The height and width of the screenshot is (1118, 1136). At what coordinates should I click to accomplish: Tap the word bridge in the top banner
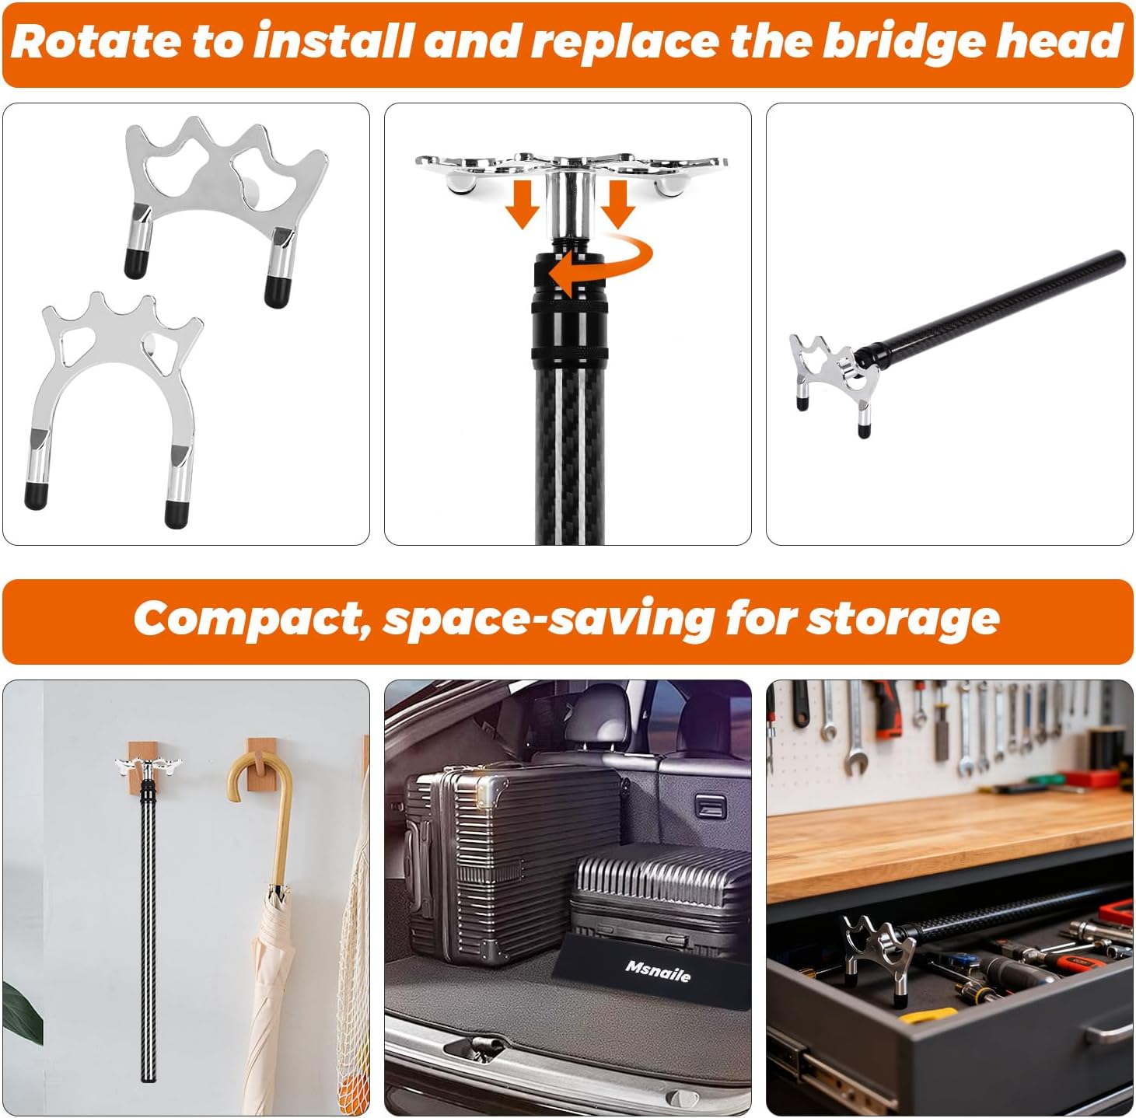[902, 42]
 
